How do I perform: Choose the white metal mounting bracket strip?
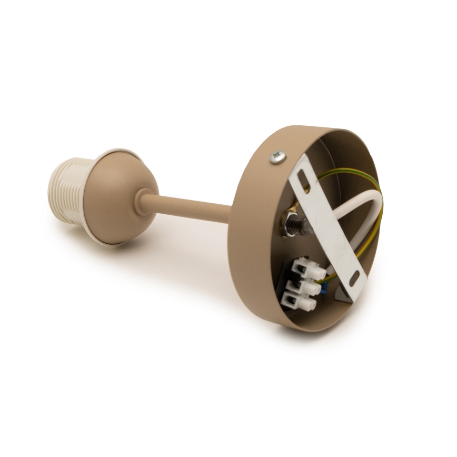tap(332, 226)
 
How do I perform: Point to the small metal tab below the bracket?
tap(342, 295)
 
